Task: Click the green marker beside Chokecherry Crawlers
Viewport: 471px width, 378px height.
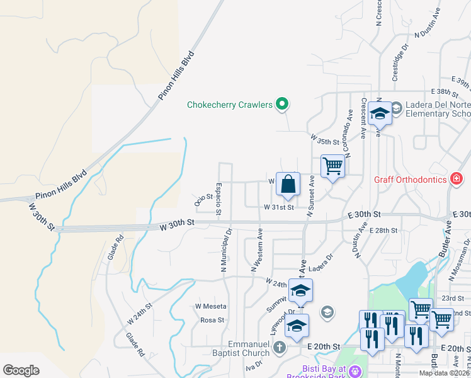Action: [283, 105]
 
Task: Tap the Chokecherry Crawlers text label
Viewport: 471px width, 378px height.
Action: [230, 105]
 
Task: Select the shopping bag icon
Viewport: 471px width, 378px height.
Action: [288, 185]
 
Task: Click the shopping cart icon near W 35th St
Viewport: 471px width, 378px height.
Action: [332, 167]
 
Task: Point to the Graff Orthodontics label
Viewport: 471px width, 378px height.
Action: [410, 179]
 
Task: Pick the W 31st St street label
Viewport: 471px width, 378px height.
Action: [279, 207]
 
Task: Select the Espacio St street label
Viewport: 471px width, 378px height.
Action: [218, 198]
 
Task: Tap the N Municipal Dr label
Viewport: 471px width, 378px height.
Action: [225, 250]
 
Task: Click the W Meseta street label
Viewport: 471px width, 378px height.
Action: [210, 306]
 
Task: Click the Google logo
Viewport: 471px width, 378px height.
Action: [21, 370]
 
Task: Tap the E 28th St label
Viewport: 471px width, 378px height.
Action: [383, 231]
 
